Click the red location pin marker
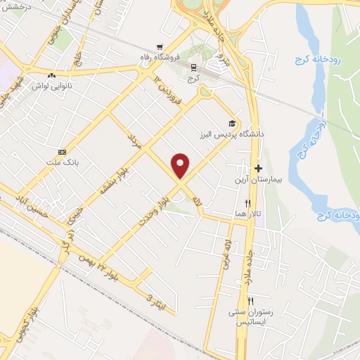tap(181, 165)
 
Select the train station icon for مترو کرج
tap(193, 67)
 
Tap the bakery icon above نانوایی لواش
tap(51, 75)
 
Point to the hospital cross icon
tap(258, 168)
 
